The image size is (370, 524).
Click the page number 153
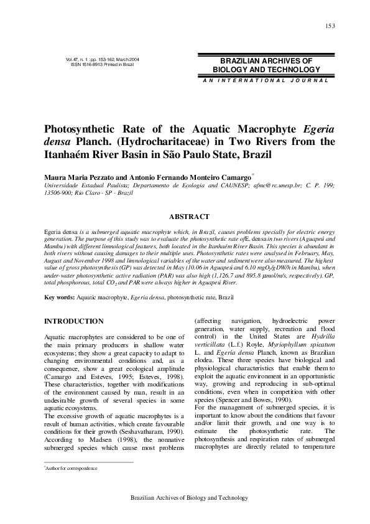pyautogui.click(x=330, y=25)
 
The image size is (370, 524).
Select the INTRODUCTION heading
pyautogui.click(x=73, y=321)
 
